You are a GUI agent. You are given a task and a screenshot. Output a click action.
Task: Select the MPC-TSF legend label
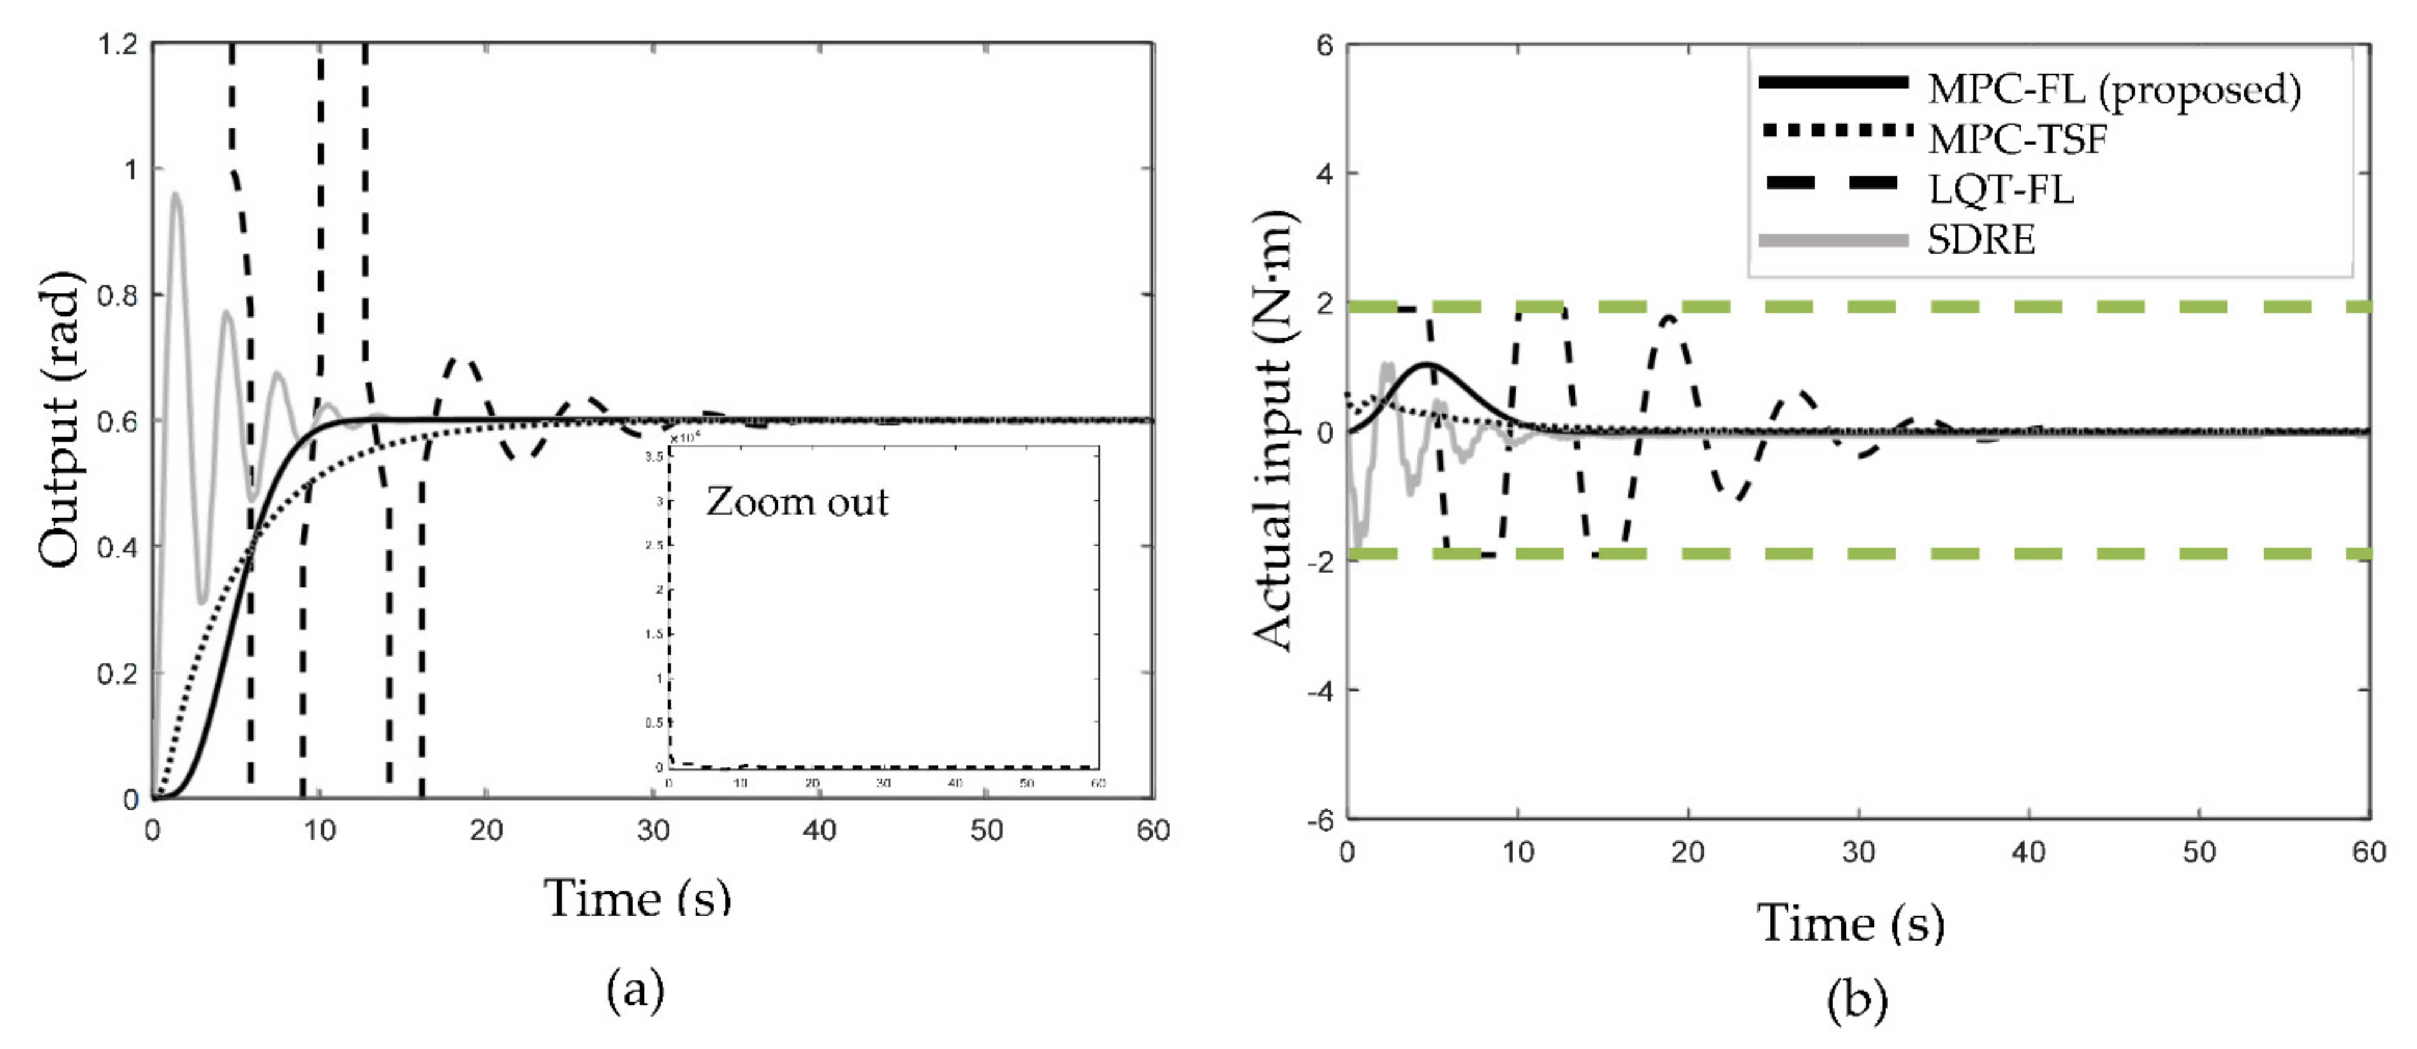click(x=2017, y=140)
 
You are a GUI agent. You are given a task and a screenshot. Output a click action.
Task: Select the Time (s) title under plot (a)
click(x=637, y=898)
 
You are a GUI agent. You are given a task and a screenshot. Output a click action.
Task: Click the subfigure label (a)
click(x=635, y=990)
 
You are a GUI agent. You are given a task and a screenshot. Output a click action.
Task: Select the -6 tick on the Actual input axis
click(x=1321, y=820)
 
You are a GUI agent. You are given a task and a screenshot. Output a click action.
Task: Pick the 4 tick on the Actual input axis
click(x=1325, y=173)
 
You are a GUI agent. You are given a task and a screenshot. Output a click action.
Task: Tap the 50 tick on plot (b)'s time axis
click(x=2199, y=852)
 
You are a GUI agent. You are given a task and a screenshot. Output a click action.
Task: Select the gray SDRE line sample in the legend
click(x=1832, y=241)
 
